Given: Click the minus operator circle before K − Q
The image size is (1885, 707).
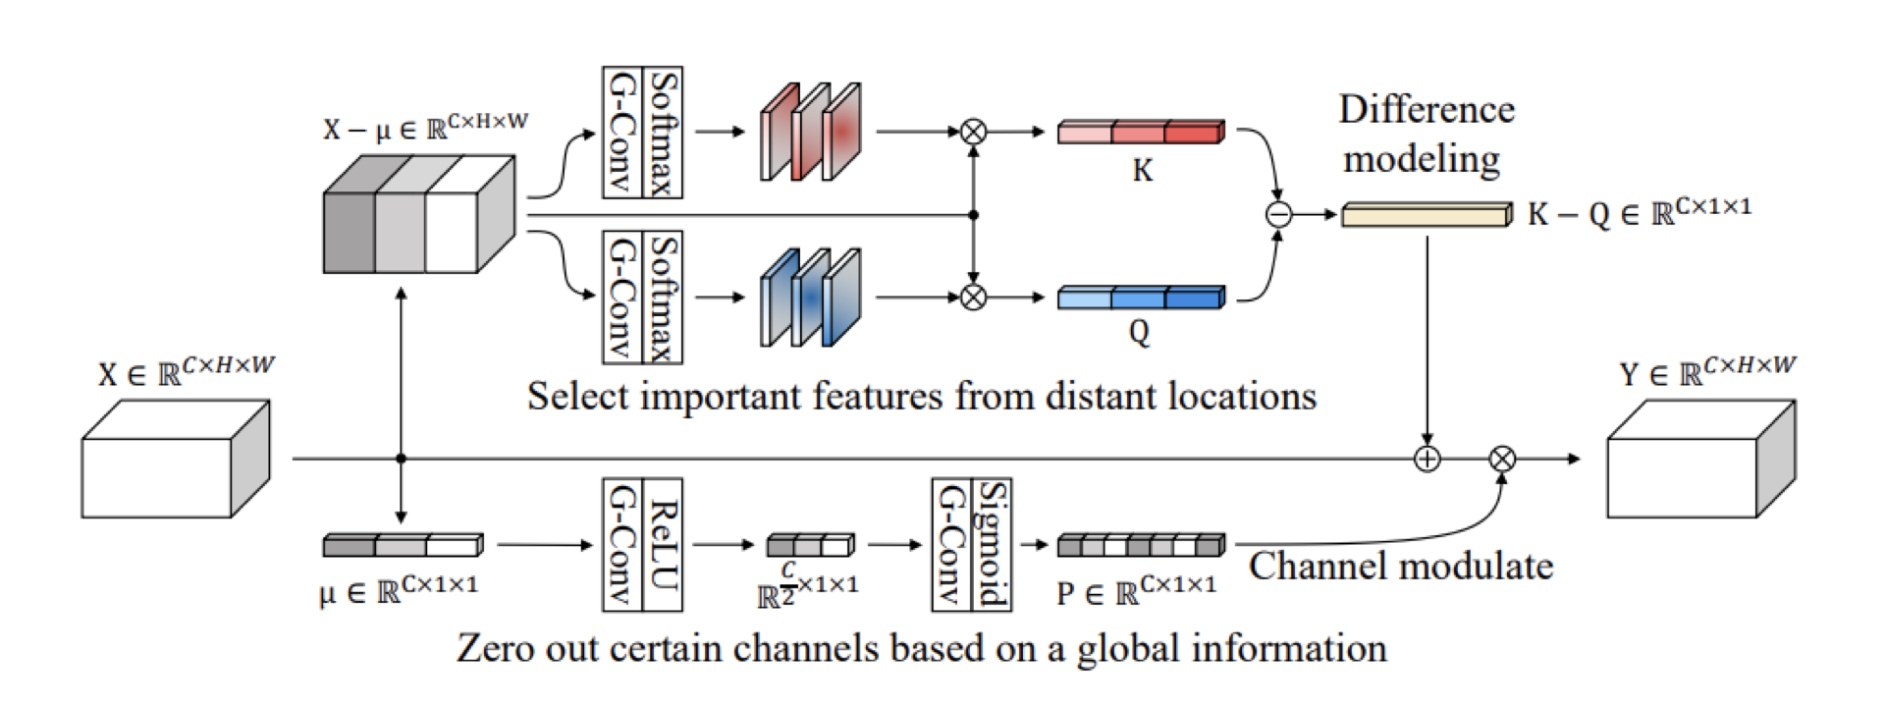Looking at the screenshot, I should pyautogui.click(x=1278, y=214).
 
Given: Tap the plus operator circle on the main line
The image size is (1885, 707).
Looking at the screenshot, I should pyautogui.click(x=1427, y=459).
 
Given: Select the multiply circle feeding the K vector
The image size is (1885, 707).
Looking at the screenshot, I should pyautogui.click(x=973, y=132).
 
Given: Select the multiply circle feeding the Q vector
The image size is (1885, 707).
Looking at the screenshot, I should pyautogui.click(x=973, y=297).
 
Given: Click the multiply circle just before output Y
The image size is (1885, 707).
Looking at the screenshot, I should pyautogui.click(x=1502, y=459).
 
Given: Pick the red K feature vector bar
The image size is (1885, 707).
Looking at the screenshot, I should pyautogui.click(x=1141, y=132).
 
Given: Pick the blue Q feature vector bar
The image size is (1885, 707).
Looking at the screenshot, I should pyautogui.click(x=1141, y=297).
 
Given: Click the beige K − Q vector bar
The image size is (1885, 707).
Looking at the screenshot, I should pyautogui.click(x=1427, y=214).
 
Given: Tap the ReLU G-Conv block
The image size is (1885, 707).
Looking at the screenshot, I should pyautogui.click(x=642, y=545).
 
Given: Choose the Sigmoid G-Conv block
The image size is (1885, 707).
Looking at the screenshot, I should pyautogui.click(x=971, y=545).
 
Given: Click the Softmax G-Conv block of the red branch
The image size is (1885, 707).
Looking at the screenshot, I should pyautogui.click(x=642, y=133).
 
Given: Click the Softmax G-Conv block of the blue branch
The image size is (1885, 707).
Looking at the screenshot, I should pyautogui.click(x=642, y=297).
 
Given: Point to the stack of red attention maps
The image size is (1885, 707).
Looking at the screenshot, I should pyautogui.click(x=811, y=133).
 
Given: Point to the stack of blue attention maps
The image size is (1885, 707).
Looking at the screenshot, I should pyautogui.click(x=811, y=298).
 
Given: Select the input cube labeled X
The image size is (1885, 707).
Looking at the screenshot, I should pyautogui.click(x=175, y=460).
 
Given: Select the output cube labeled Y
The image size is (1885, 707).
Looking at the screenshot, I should pyautogui.click(x=1700, y=460).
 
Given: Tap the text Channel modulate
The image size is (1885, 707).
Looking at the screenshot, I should pyautogui.click(x=1401, y=567).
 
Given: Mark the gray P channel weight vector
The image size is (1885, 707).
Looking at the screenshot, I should pyautogui.click(x=1141, y=544).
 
